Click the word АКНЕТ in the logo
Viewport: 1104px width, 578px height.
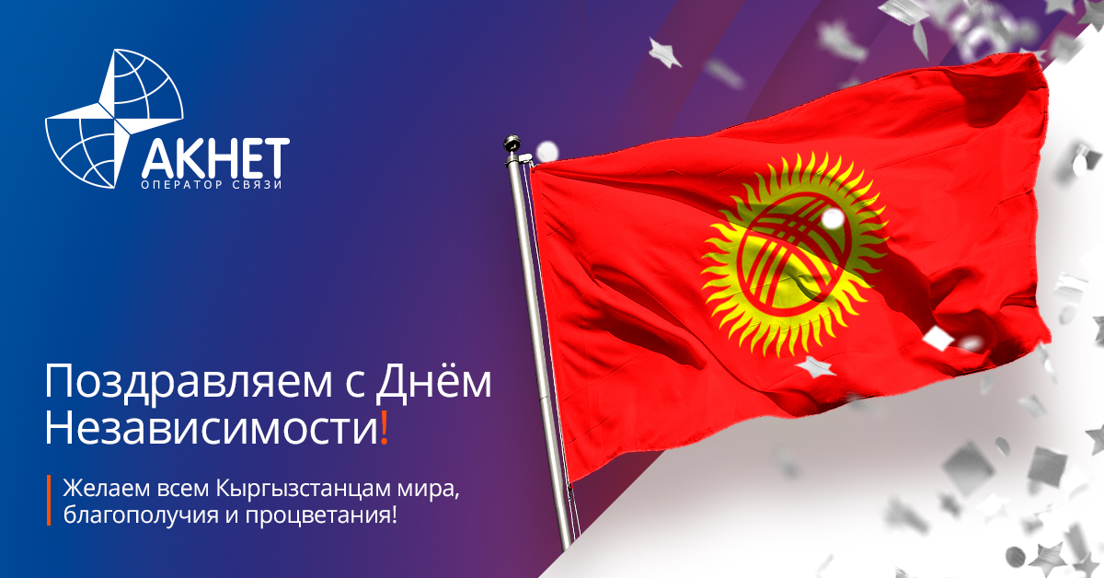(x=215, y=157)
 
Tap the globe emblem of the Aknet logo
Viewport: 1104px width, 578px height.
(x=114, y=119)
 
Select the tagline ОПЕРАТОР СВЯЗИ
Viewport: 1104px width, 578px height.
(x=212, y=185)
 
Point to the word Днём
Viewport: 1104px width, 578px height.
(x=433, y=380)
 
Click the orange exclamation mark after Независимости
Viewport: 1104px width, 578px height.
(x=385, y=427)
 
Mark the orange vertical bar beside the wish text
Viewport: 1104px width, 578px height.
(x=49, y=500)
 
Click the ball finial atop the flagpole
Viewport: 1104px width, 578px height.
(x=512, y=143)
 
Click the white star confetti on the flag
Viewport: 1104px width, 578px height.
(x=814, y=367)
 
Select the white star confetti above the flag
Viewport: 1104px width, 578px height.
(x=664, y=52)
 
